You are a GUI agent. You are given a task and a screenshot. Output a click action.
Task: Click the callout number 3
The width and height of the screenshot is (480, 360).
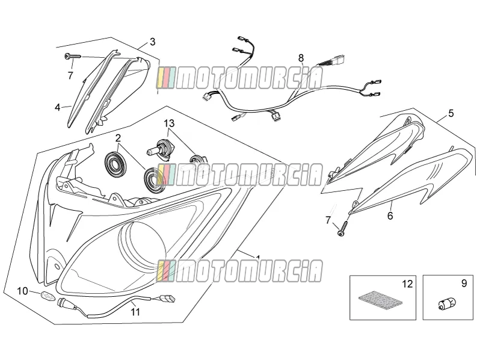click(152, 42)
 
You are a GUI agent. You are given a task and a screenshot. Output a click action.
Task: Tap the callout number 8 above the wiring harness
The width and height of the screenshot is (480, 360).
click(301, 58)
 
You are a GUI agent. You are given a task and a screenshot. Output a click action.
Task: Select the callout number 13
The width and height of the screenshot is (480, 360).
click(169, 123)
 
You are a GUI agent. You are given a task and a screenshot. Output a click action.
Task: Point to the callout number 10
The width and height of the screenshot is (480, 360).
click(22, 291)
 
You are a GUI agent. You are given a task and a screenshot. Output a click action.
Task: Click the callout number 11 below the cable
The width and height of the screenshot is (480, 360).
click(135, 312)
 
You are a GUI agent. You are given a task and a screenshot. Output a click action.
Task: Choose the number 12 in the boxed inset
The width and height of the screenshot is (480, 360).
click(407, 284)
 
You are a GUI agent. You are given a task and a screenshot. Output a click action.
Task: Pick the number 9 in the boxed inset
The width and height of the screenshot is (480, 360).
click(464, 284)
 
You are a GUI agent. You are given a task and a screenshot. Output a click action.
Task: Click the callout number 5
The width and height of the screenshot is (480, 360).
click(451, 113)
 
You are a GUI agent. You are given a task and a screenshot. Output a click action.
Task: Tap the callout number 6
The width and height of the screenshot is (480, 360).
click(390, 216)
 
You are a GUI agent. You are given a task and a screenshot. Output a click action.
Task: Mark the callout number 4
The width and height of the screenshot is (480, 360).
click(58, 108)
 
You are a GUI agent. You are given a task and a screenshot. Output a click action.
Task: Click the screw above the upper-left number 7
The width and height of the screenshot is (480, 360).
click(73, 57)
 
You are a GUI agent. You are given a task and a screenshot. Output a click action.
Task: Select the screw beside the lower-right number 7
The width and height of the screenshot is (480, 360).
click(343, 228)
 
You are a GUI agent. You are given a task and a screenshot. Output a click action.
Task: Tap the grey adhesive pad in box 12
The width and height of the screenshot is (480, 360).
click(380, 299)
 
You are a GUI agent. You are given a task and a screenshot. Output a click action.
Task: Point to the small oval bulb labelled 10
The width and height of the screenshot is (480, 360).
click(48, 295)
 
